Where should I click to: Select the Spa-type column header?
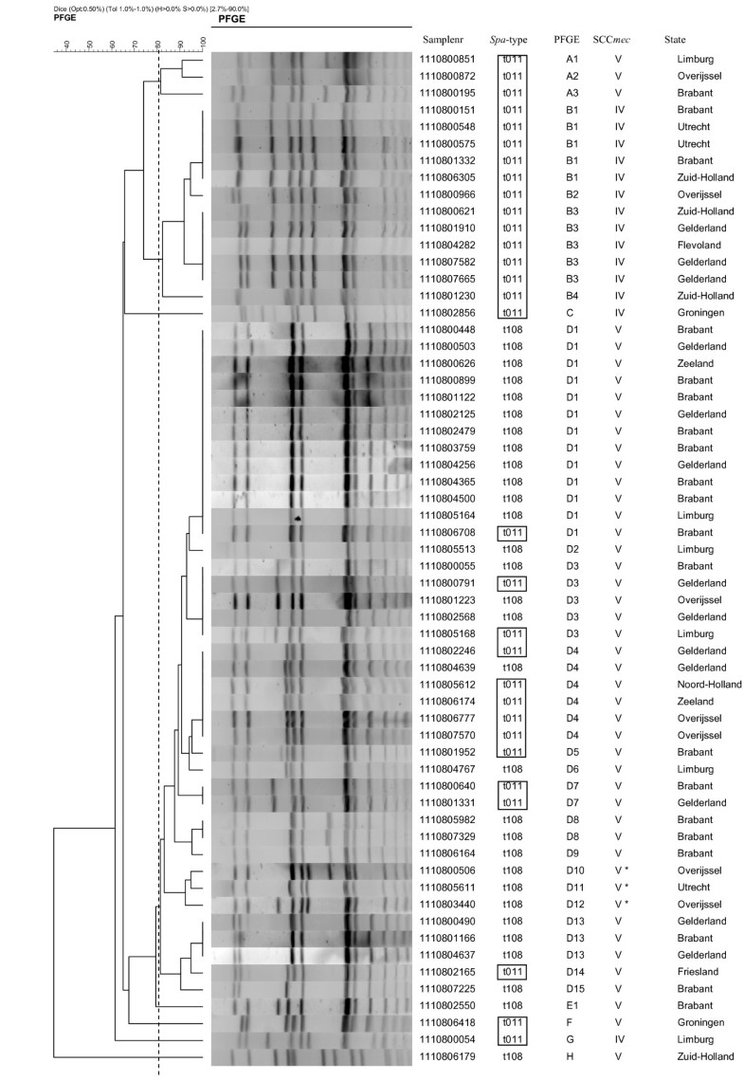coord(511,40)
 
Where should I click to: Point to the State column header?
coord(676,40)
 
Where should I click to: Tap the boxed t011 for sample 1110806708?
coord(512,532)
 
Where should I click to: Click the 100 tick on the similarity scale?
coord(205,43)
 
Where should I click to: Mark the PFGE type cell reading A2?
coord(572,76)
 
